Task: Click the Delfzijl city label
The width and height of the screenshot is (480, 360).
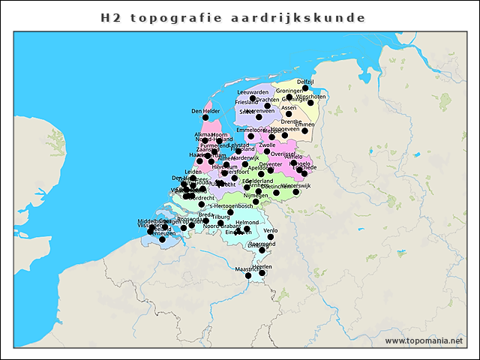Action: point(305,81)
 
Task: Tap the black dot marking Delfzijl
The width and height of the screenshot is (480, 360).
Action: point(305,88)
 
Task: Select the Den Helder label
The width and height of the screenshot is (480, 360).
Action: point(205,111)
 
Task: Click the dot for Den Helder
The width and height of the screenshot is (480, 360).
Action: point(205,118)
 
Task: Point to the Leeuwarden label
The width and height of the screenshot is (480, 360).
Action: point(253,91)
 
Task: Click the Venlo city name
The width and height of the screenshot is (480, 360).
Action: point(271,230)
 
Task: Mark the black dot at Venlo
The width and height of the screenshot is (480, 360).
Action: point(271,237)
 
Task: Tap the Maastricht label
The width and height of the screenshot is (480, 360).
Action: point(247,268)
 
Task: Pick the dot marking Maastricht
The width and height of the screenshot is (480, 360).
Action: point(248,276)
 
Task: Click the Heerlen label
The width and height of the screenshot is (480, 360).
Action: point(262,266)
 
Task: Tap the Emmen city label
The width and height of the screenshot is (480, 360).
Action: point(305,124)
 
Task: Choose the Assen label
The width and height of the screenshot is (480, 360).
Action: point(289,107)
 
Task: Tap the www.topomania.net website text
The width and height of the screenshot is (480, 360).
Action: point(424,341)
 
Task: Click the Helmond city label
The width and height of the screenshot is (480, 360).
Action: point(247,223)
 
